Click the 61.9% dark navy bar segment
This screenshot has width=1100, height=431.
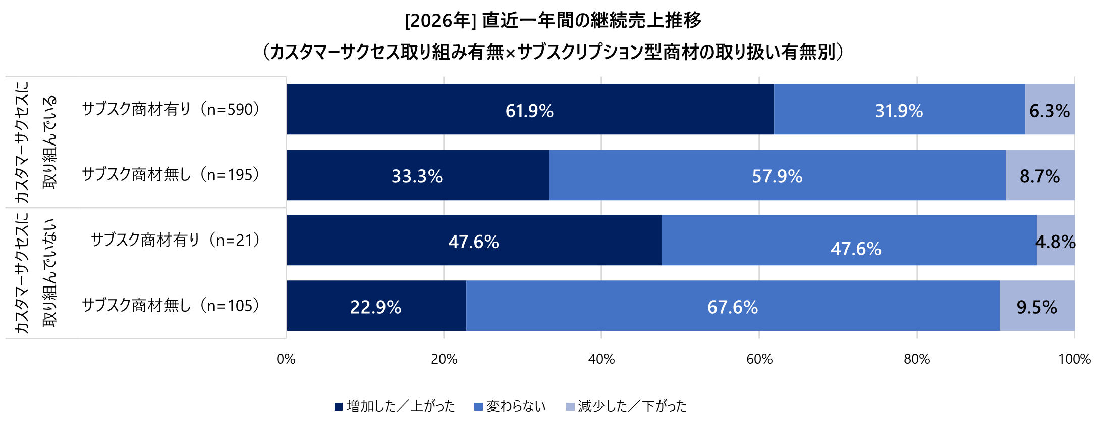(x=530, y=110)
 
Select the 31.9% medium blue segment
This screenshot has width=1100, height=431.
(x=899, y=110)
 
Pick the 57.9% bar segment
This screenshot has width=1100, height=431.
(x=777, y=175)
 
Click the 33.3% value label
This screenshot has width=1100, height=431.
(x=417, y=176)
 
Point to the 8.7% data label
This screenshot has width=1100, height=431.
(x=1039, y=176)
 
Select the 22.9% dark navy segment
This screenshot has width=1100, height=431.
(x=376, y=306)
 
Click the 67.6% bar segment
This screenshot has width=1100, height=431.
(x=733, y=306)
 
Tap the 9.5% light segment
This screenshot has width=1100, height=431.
(x=1036, y=307)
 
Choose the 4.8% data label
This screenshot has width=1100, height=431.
(x=1055, y=242)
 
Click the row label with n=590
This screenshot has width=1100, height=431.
(x=172, y=109)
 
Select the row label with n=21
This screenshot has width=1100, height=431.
(x=176, y=240)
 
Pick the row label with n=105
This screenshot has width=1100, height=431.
(x=172, y=305)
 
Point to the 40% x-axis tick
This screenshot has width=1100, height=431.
(x=601, y=359)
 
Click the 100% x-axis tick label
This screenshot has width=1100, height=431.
(x=1074, y=359)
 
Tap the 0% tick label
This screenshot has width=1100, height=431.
(x=286, y=359)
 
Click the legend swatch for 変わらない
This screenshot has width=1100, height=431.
(x=479, y=407)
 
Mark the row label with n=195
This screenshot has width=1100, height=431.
(x=172, y=174)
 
